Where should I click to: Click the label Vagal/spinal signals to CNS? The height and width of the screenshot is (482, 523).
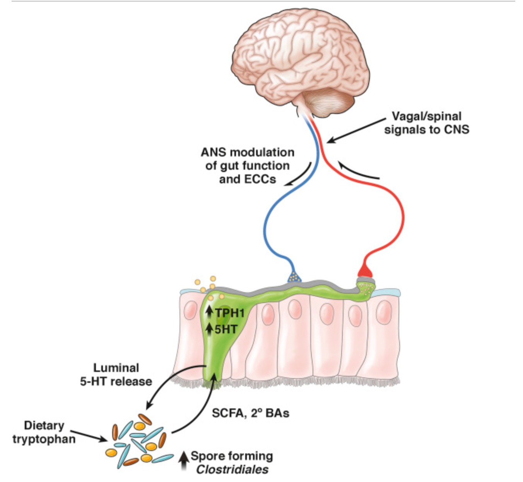426,122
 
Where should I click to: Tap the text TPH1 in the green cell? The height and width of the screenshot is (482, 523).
230,313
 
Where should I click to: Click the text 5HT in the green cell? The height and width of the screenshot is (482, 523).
226,329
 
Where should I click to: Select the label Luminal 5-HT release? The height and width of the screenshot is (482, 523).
116,374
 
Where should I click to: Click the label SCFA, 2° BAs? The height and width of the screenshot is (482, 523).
251,413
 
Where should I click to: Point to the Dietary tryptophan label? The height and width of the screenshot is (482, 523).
44,432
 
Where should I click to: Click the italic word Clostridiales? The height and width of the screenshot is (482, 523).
232,470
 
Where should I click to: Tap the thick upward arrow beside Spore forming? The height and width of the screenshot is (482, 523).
184,462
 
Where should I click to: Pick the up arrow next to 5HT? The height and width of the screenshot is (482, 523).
209,329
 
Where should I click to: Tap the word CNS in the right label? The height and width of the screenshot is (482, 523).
456,129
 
